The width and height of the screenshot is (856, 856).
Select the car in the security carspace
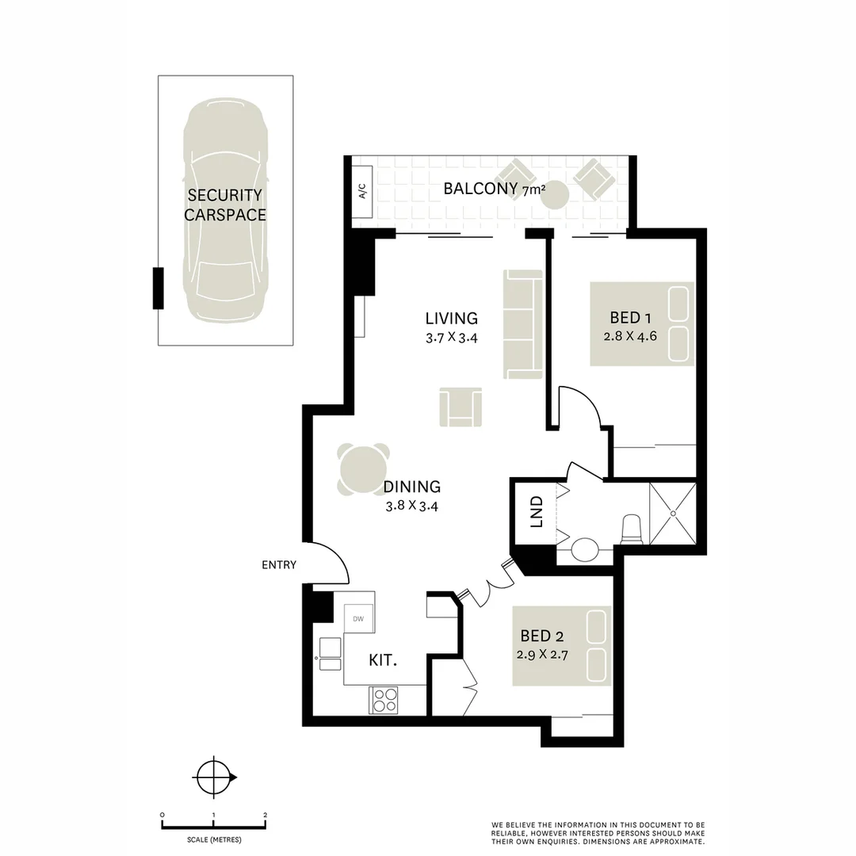tap(225, 210)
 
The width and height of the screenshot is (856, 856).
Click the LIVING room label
tap(451, 319)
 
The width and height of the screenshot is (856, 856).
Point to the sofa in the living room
tap(522, 324)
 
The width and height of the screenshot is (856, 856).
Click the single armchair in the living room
tap(460, 407)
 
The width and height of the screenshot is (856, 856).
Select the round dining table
tap(364, 469)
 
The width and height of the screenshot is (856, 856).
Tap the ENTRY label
tap(278, 565)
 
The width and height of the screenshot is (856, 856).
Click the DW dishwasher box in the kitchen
tap(358, 618)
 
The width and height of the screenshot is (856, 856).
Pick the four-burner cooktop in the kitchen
tap(385, 700)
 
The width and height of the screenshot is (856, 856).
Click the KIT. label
tap(383, 660)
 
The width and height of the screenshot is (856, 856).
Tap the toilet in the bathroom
tap(632, 529)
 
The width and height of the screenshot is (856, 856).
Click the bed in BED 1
tap(641, 323)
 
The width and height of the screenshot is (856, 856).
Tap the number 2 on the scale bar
tap(265, 815)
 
